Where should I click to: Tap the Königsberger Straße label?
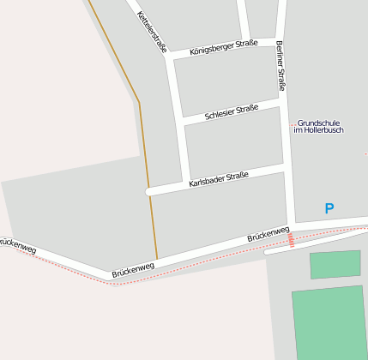(223, 47)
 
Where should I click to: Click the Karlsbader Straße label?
(218, 180)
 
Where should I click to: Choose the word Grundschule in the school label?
(319, 123)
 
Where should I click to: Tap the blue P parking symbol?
(329, 208)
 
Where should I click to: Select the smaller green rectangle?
(335, 265)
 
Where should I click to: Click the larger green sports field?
(330, 321)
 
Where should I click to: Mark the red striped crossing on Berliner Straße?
(292, 240)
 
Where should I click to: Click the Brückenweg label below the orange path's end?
(132, 270)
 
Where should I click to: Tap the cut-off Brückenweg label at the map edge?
(17, 246)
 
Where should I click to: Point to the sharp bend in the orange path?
(139, 103)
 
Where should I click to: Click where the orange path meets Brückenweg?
(157, 259)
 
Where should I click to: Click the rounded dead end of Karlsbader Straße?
(150, 191)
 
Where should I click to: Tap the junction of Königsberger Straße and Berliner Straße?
(276, 41)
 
